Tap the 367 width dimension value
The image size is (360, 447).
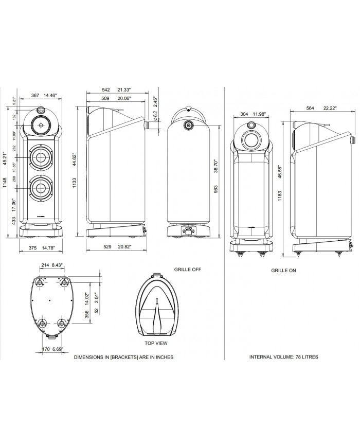[x=36, y=95]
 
